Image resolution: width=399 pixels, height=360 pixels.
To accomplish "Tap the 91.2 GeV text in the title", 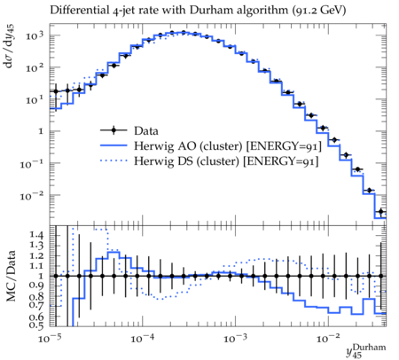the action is coord(319,11).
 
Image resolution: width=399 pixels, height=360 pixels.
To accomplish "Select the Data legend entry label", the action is coord(146,130).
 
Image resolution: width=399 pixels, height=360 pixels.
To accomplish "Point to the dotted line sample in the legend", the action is coord(113,161).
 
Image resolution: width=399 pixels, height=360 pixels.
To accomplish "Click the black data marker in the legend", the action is coord(113,130).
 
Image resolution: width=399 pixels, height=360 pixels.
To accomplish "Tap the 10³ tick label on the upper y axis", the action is coord(35,36).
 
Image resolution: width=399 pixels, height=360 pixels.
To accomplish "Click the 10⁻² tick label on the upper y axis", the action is coord(32,195).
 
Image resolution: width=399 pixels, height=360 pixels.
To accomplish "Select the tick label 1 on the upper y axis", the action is coord(41,131).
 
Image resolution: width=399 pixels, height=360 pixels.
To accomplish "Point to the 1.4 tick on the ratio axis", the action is coord(36,235).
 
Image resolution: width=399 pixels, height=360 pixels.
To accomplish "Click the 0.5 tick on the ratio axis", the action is coord(36,325).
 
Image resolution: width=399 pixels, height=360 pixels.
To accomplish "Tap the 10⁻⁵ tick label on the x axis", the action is coord(51,339).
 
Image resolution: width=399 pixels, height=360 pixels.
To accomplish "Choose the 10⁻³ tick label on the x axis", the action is coord(236,339).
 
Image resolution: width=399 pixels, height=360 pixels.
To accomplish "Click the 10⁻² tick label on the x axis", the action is coord(328,339).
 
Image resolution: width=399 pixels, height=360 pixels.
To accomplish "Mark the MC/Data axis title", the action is coord(11,276).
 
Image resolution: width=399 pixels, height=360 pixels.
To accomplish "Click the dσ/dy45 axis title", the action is coord(10,47).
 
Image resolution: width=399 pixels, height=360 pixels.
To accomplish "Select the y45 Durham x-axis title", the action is coord(366,351).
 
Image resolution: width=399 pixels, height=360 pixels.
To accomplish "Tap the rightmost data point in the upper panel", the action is coord(381,211).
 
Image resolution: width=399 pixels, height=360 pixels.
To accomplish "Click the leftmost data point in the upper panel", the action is coord(56,91).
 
